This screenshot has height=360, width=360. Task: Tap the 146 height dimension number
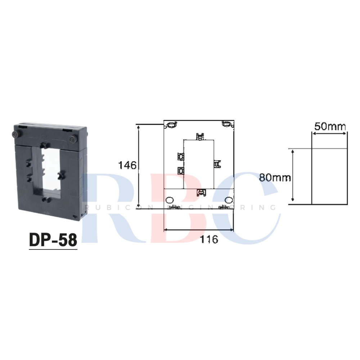pos(127,165)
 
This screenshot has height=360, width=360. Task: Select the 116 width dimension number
pos(209,239)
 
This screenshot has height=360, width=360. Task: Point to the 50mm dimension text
pos(330,126)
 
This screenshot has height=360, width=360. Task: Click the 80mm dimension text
pos(275,177)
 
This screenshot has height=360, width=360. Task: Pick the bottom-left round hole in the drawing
pos(170,200)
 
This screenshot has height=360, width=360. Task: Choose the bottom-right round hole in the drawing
pos(229,200)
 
